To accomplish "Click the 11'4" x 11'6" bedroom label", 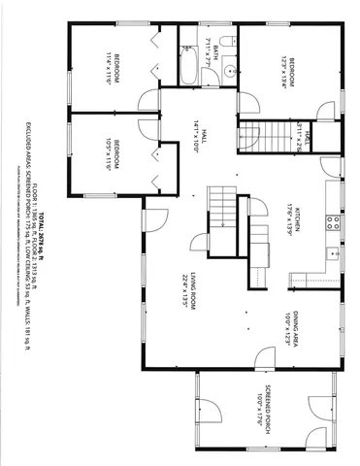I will (113, 69).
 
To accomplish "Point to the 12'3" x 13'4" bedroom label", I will (286, 70).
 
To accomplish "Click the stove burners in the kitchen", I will (333, 221).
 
